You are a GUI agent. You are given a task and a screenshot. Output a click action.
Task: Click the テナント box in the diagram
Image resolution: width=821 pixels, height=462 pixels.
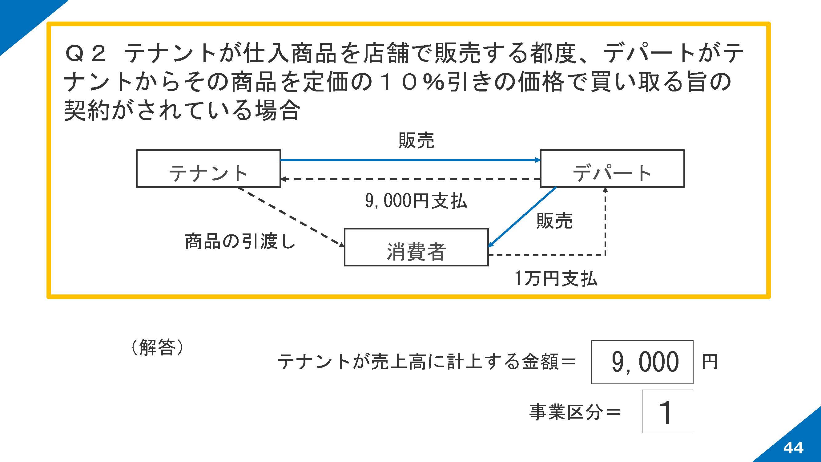pos(208,169)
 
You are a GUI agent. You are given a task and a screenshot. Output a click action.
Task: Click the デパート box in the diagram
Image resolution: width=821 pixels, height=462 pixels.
pos(612,169)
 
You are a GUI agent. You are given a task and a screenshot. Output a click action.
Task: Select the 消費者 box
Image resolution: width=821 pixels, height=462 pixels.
pos(416,247)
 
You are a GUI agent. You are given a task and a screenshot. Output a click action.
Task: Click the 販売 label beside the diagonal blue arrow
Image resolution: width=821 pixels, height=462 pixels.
pos(554,221)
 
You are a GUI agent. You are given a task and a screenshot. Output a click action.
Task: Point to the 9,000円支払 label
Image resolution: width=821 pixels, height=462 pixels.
pos(416,201)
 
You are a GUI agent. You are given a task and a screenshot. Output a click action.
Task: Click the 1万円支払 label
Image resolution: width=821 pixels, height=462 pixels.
pos(556,278)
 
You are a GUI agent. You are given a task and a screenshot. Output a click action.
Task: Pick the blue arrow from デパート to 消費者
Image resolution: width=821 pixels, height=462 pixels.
pos(522,217)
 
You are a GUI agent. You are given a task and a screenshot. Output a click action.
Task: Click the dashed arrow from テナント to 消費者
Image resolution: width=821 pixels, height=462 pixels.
pos(291,217)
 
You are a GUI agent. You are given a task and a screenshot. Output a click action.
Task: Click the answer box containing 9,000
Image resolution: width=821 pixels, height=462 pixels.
pos(642,362)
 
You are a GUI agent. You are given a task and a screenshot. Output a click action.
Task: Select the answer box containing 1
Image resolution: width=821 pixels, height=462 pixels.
pos(667,411)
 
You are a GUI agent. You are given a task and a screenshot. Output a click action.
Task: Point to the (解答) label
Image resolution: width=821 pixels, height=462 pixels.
pos(157,347)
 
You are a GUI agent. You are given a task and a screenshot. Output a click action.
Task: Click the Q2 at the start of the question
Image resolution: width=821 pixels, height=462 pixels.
pos(85,53)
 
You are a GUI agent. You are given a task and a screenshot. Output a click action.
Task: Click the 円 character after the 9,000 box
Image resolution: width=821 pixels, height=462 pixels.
pos(710,362)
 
